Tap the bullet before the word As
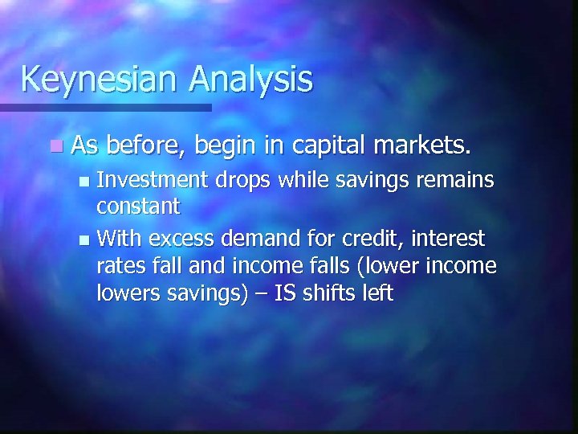coord(54,147)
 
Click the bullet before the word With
coord(85,240)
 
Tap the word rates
coord(120,266)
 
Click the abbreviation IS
coord(285,293)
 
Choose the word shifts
coord(330,293)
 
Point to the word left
coord(377,293)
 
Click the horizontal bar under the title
coord(105,107)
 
